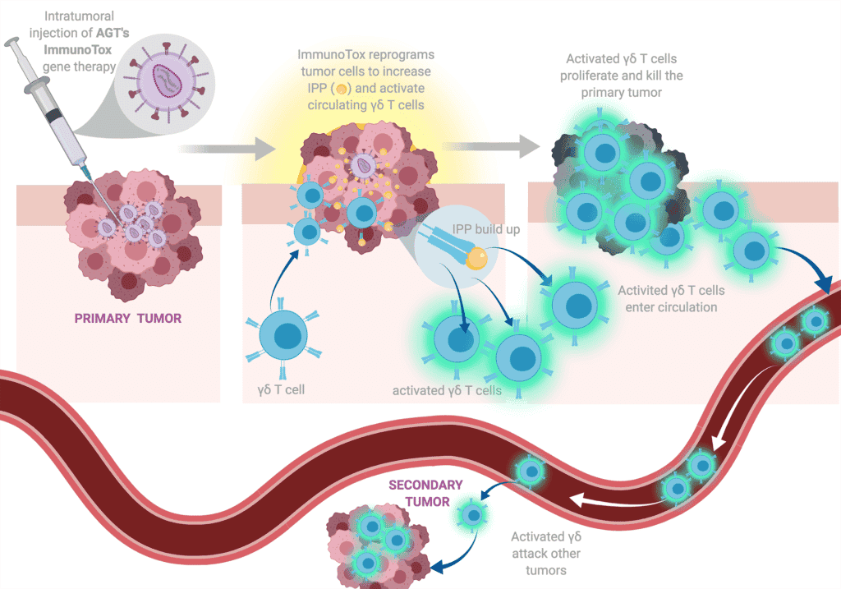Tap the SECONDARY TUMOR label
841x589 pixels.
click(425, 493)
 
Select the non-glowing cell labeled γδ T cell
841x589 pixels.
click(283, 337)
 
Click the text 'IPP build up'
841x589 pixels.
click(486, 229)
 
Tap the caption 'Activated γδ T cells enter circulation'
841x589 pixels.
click(671, 298)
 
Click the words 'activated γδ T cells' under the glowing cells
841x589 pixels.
click(447, 390)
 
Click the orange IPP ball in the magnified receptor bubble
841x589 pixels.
click(477, 260)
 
